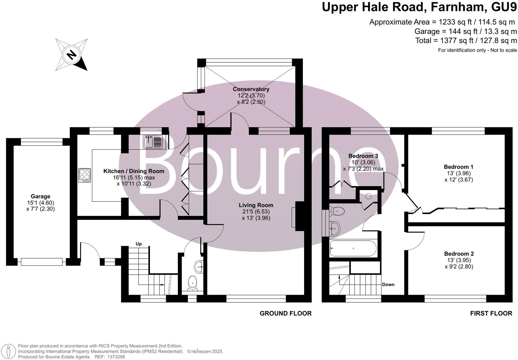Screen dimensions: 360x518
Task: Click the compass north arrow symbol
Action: (71, 54)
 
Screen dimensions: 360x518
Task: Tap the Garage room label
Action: (40, 196)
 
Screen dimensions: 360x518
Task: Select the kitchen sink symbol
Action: (153, 142)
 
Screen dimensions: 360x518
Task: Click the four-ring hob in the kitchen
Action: (85, 175)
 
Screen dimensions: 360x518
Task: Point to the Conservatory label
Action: (251, 89)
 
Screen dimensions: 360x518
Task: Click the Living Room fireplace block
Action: (300, 216)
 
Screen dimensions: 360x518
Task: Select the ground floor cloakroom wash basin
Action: (199, 266)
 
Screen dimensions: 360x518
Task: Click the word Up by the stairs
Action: (139, 244)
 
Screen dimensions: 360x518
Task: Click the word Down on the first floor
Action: (388, 284)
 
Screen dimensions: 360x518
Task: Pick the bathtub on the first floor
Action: (353, 248)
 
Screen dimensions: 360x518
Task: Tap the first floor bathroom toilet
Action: (337, 210)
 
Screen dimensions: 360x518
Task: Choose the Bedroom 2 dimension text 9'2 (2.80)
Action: (459, 266)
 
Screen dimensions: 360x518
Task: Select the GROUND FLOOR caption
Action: (285, 313)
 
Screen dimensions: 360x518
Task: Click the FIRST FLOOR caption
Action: (491, 313)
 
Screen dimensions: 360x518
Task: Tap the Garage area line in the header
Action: (465, 31)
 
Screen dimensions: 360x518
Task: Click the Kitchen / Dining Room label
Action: (134, 171)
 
